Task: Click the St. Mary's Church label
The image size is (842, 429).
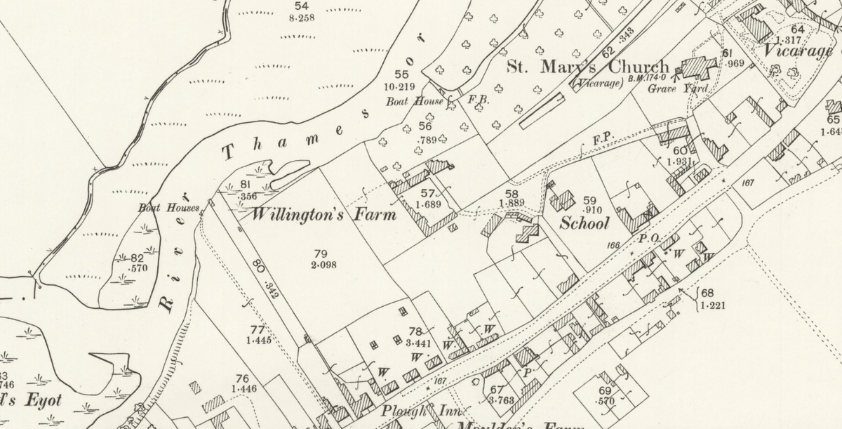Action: [x=588, y=67]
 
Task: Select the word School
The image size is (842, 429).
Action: [x=584, y=223]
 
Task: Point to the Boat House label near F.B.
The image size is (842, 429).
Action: [x=414, y=101]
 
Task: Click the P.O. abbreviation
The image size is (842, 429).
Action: [x=648, y=239]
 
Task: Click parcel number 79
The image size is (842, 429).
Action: [x=321, y=253]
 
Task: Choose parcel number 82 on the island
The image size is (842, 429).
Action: [x=137, y=258]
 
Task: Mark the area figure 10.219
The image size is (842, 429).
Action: [x=401, y=87]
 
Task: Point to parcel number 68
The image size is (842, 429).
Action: [x=707, y=292]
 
